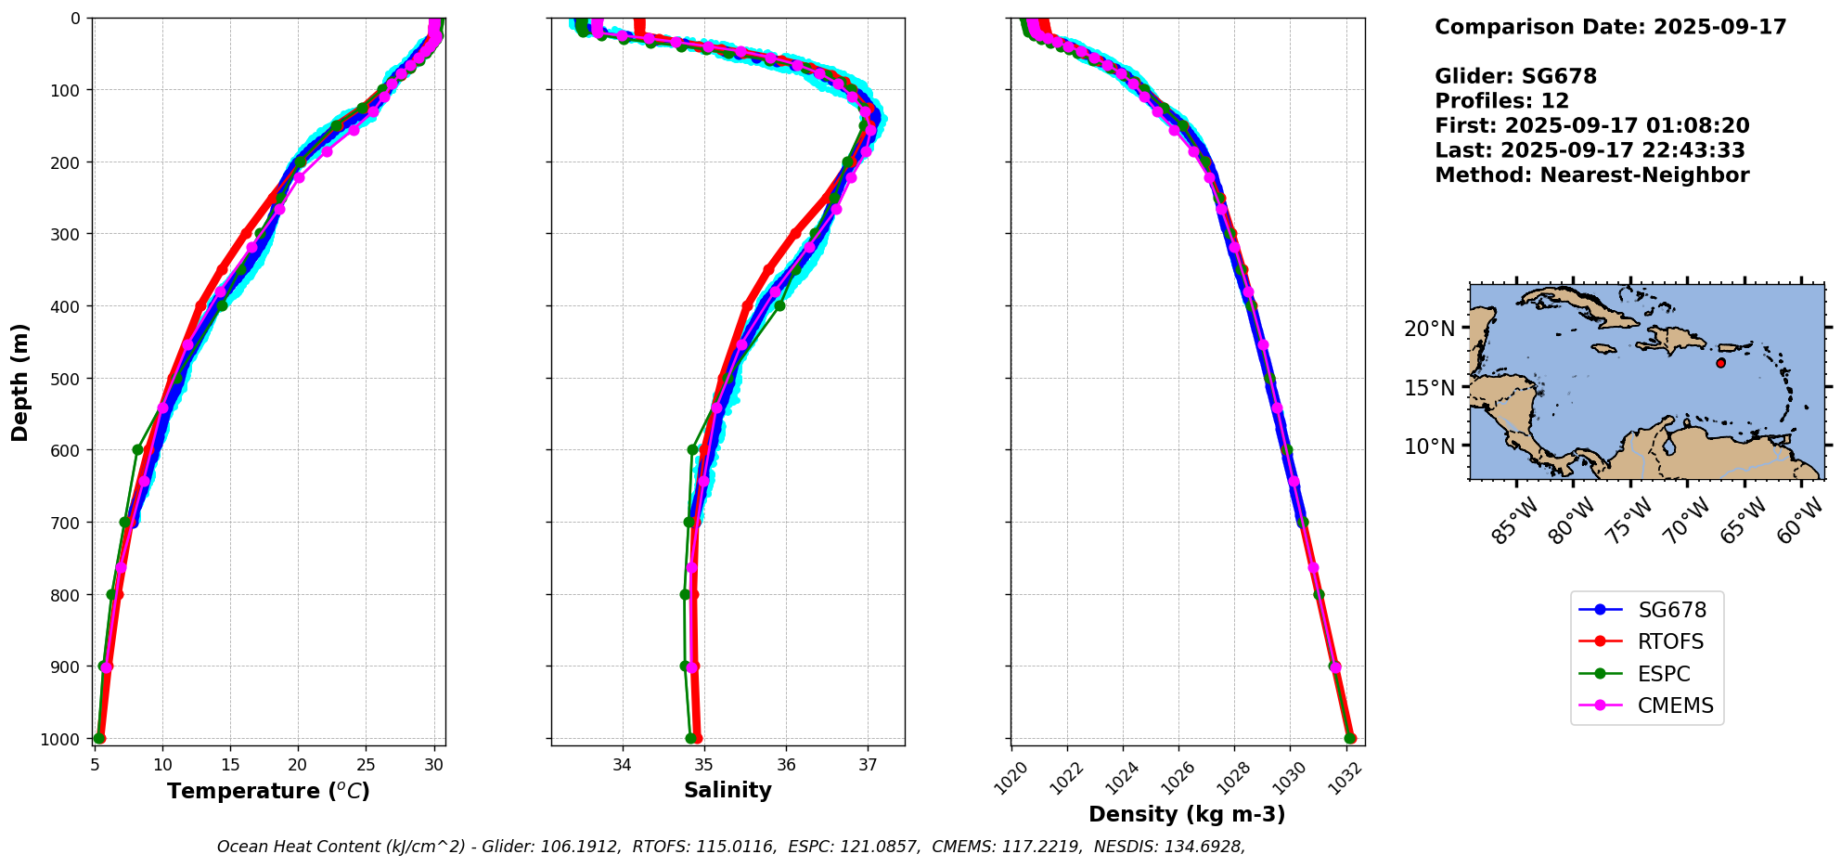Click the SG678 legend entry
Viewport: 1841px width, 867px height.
point(1643,610)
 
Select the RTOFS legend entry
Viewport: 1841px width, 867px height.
point(1641,641)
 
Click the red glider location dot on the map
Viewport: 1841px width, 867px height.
point(1721,363)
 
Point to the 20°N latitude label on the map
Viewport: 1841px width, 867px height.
point(1429,329)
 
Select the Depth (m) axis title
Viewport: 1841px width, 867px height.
point(20,382)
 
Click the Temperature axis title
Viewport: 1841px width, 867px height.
point(268,791)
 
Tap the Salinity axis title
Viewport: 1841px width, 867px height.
point(727,790)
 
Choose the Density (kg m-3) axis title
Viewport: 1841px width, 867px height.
point(1187,814)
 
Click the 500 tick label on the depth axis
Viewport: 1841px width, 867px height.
point(69,379)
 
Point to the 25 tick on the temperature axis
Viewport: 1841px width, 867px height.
point(366,765)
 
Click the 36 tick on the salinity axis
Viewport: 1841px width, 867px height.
point(786,765)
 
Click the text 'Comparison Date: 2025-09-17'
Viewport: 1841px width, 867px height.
point(1611,27)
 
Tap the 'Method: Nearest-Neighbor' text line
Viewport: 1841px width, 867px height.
point(1592,175)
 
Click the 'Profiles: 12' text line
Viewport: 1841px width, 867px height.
point(1502,101)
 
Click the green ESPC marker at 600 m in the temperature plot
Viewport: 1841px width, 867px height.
point(137,449)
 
